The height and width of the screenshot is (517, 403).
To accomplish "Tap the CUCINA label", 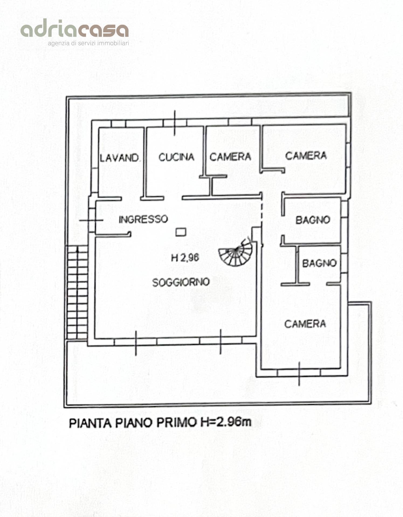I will click(176, 157).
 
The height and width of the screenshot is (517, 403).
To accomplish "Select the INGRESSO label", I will click(143, 219).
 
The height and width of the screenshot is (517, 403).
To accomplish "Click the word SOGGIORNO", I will click(181, 282).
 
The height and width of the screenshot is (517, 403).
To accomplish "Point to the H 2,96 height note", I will click(185, 258).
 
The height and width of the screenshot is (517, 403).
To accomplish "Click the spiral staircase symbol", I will click(235, 253).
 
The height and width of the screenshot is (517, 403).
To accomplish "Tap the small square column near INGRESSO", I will click(181, 232).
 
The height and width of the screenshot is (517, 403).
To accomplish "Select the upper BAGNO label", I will click(313, 220).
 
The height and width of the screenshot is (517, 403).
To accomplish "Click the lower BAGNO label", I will click(319, 263).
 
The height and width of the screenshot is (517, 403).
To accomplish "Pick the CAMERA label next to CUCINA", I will click(230, 157).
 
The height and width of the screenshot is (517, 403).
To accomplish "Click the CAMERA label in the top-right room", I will click(306, 156).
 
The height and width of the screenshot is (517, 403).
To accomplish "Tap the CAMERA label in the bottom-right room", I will click(305, 324).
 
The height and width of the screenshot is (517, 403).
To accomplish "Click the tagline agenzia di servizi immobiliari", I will click(88, 43).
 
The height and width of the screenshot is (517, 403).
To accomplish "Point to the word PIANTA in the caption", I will click(90, 422).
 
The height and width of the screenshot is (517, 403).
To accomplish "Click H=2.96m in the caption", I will click(226, 422).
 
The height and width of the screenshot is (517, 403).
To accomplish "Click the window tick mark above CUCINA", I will click(175, 123).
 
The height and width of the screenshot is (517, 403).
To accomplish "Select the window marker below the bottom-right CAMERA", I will click(299, 373).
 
